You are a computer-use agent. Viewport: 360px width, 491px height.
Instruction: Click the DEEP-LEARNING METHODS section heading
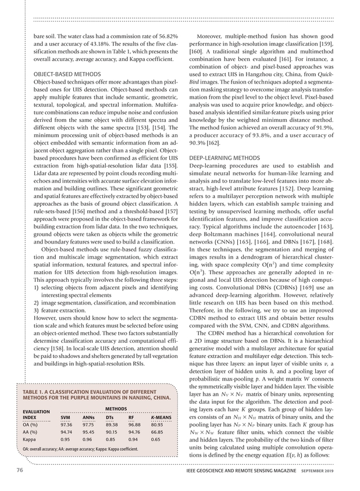224,157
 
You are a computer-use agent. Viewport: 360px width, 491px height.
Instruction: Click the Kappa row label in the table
29,439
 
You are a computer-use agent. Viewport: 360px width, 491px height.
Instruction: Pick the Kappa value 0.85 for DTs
111,439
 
